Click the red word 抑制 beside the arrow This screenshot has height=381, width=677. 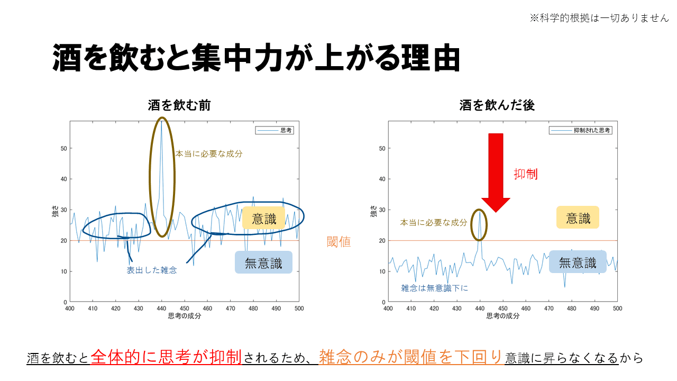click(526, 174)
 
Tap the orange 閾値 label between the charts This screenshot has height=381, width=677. click(338, 242)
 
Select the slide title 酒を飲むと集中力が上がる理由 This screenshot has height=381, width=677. click(256, 58)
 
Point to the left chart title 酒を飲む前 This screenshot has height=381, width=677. click(179, 105)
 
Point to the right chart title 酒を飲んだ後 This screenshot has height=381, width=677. click(497, 105)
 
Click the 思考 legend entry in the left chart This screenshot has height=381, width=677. click(275, 130)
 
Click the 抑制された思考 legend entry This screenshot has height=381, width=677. click(581, 130)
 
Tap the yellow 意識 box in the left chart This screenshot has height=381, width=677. click(263, 218)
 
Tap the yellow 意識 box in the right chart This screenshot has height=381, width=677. click(578, 217)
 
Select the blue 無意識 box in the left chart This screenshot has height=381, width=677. click(263, 262)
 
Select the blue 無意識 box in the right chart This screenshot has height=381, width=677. click(578, 262)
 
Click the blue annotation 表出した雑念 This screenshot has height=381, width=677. click(151, 270)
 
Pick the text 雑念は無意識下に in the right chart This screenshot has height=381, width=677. click(434, 288)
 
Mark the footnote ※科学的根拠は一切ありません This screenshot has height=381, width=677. click(599, 18)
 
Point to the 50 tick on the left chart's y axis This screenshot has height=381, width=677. click(65, 148)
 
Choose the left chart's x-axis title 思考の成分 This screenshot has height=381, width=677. click(184, 316)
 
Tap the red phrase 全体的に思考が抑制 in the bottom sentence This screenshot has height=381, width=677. click(167, 357)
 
